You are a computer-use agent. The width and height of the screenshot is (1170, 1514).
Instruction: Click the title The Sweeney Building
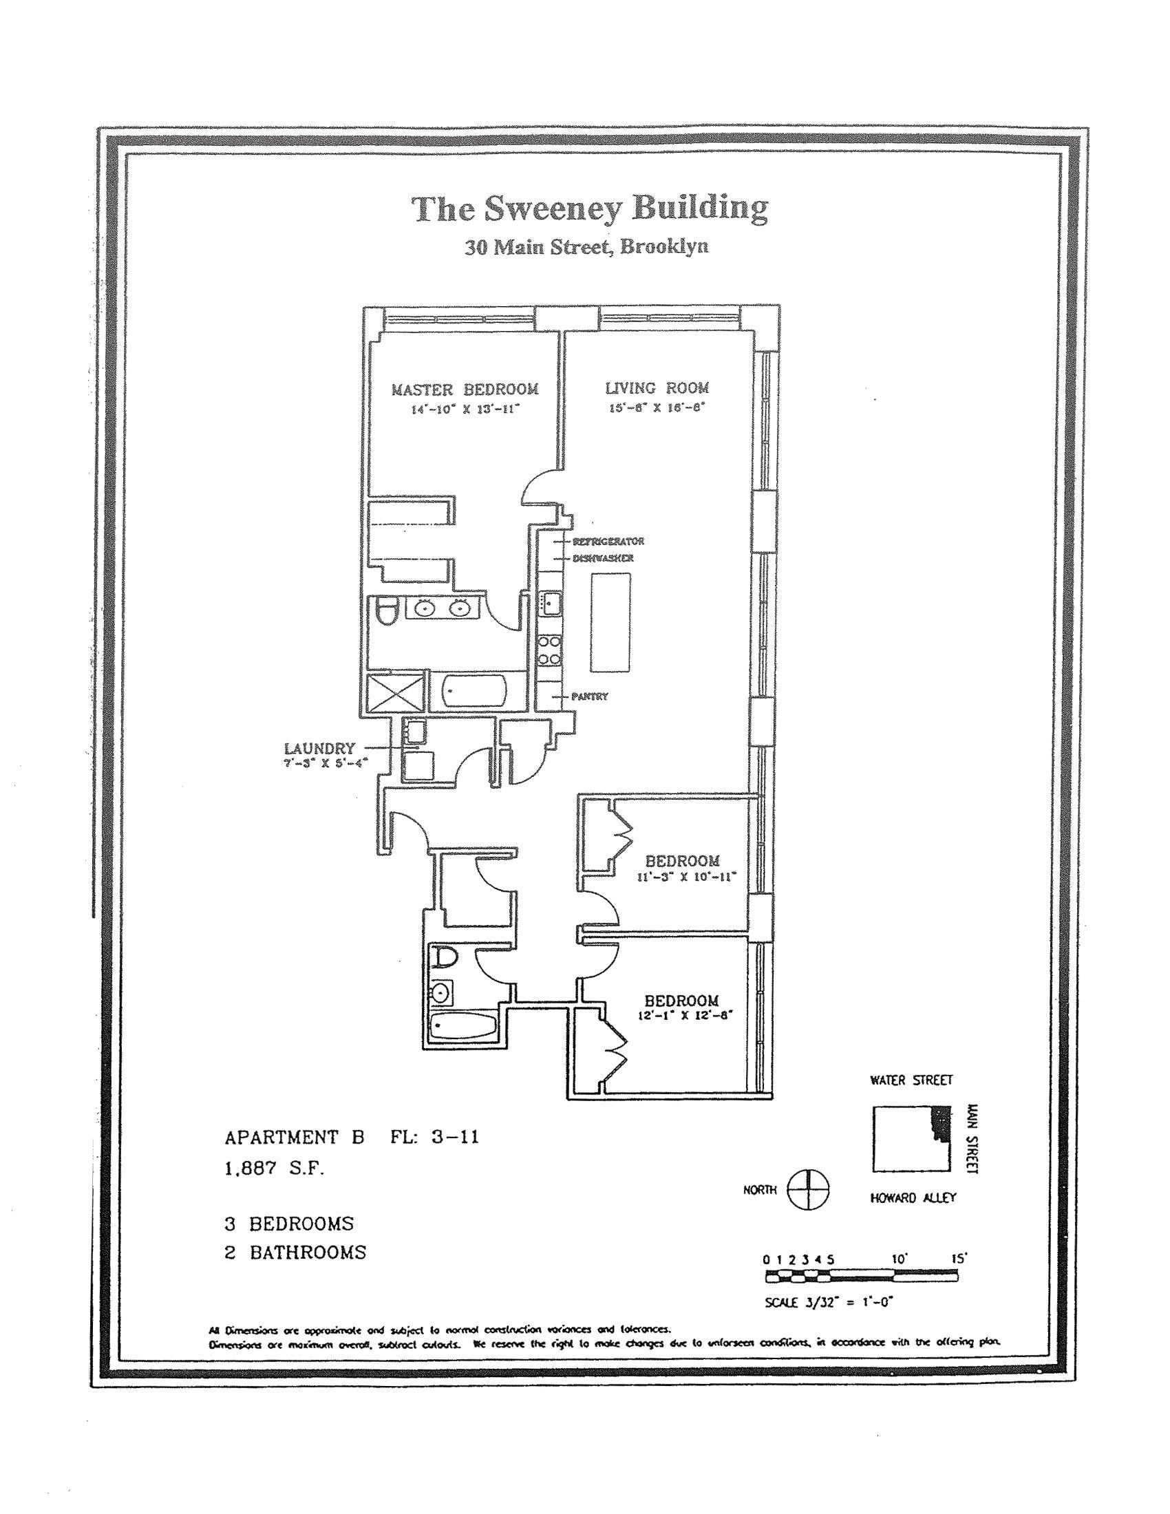[590, 209]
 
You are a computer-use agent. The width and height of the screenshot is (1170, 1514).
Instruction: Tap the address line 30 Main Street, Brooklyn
[586, 248]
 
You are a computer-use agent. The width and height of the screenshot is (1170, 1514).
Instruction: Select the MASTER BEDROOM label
[465, 390]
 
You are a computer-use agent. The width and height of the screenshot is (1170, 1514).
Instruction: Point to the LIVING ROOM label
[657, 388]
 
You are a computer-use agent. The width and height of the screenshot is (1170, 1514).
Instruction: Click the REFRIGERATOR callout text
[608, 542]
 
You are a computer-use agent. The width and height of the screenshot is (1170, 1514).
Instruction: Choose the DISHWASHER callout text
[603, 558]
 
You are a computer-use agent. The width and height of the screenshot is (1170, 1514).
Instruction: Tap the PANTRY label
[590, 696]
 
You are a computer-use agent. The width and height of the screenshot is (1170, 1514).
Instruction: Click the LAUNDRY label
[319, 749]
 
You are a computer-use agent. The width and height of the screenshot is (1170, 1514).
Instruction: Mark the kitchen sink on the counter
[552, 603]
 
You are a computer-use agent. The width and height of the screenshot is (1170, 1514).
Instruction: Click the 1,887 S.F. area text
[275, 1169]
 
